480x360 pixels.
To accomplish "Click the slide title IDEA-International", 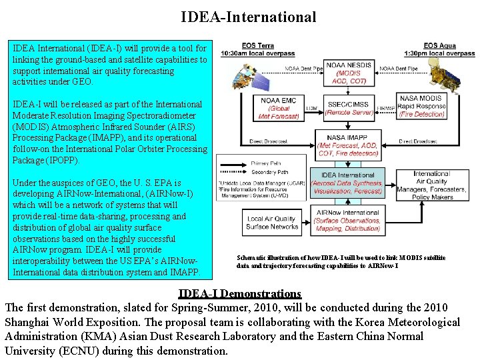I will [249, 17].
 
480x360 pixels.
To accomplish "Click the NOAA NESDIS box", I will [347, 70].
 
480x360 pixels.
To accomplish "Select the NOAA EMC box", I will [278, 108].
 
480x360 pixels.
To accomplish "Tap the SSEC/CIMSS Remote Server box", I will [347, 108].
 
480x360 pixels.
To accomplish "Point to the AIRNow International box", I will [347, 221].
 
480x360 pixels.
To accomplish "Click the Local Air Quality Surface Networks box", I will [273, 223].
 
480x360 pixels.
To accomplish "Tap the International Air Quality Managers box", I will [431, 185].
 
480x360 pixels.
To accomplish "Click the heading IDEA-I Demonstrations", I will [240, 293].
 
